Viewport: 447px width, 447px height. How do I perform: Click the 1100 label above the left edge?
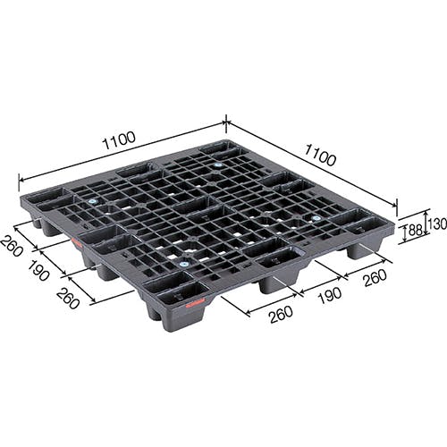coord(119,140)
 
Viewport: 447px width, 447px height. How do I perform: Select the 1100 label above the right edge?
coord(320,155)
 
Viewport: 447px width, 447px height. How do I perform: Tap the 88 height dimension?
coord(415,230)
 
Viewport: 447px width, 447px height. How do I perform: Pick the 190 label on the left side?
coord(38,270)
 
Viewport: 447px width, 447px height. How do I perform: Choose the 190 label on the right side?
coord(330,295)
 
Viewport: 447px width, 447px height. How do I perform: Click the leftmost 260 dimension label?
coord(12,246)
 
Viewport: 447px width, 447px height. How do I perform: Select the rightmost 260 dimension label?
coord(375,278)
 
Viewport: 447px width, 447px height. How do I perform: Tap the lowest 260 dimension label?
coord(281,315)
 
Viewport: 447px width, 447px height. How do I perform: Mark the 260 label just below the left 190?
coord(68,299)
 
